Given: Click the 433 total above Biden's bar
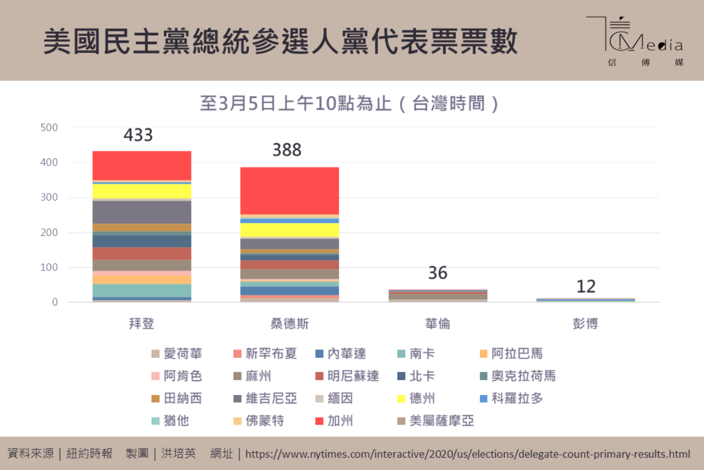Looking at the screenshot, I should (x=138, y=135).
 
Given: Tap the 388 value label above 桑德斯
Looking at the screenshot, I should (x=287, y=150).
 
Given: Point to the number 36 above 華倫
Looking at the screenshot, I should (x=438, y=273).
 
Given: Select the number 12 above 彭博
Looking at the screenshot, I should (x=586, y=287).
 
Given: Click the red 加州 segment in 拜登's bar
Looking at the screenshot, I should (x=142, y=166).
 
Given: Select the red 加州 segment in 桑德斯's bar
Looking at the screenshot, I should (x=290, y=190).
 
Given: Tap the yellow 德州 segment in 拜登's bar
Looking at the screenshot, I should (x=142, y=191).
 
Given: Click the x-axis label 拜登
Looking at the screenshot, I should (x=142, y=324).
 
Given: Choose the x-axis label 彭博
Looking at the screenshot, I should (x=586, y=324).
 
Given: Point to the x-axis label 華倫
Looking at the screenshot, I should (x=438, y=324).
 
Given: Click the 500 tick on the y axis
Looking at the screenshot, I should (x=49, y=127).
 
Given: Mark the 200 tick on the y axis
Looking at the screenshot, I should (x=49, y=232).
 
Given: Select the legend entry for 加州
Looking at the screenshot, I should (x=335, y=421).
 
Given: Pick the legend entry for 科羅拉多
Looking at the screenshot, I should (x=511, y=398).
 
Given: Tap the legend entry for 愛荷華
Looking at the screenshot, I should (x=177, y=354).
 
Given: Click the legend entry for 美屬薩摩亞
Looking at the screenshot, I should (x=436, y=421).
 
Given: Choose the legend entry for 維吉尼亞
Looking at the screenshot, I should (x=265, y=398).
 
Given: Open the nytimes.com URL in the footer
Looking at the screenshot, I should (x=467, y=454).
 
